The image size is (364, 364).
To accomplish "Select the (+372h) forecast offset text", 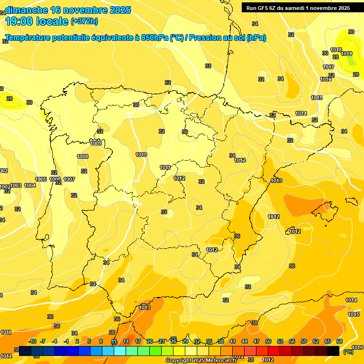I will [x=84, y=21].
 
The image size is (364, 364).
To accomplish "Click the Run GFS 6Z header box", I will [x=296, y=8].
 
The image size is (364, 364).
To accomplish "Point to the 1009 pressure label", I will [x=96, y=143].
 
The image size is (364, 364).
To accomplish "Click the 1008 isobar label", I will [x=82, y=156].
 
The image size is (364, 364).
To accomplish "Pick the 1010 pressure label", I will [x=141, y=155].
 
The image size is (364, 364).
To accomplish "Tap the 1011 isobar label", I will [x=165, y=167].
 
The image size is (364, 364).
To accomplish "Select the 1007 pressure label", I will [x=69, y=179].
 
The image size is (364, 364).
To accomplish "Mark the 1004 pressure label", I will [x=30, y=185].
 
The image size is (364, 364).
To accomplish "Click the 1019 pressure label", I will [x=346, y=54].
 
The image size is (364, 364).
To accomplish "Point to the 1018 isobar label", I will [x=336, y=50].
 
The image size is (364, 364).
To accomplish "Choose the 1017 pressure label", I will [x=328, y=67].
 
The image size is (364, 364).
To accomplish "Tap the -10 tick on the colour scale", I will [x=32, y=341].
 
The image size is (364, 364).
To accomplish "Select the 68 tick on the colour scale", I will [x=339, y=341].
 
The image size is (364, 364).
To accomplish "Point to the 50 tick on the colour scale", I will [x=268, y=341].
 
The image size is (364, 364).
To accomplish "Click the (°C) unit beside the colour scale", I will [x=348, y=351].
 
